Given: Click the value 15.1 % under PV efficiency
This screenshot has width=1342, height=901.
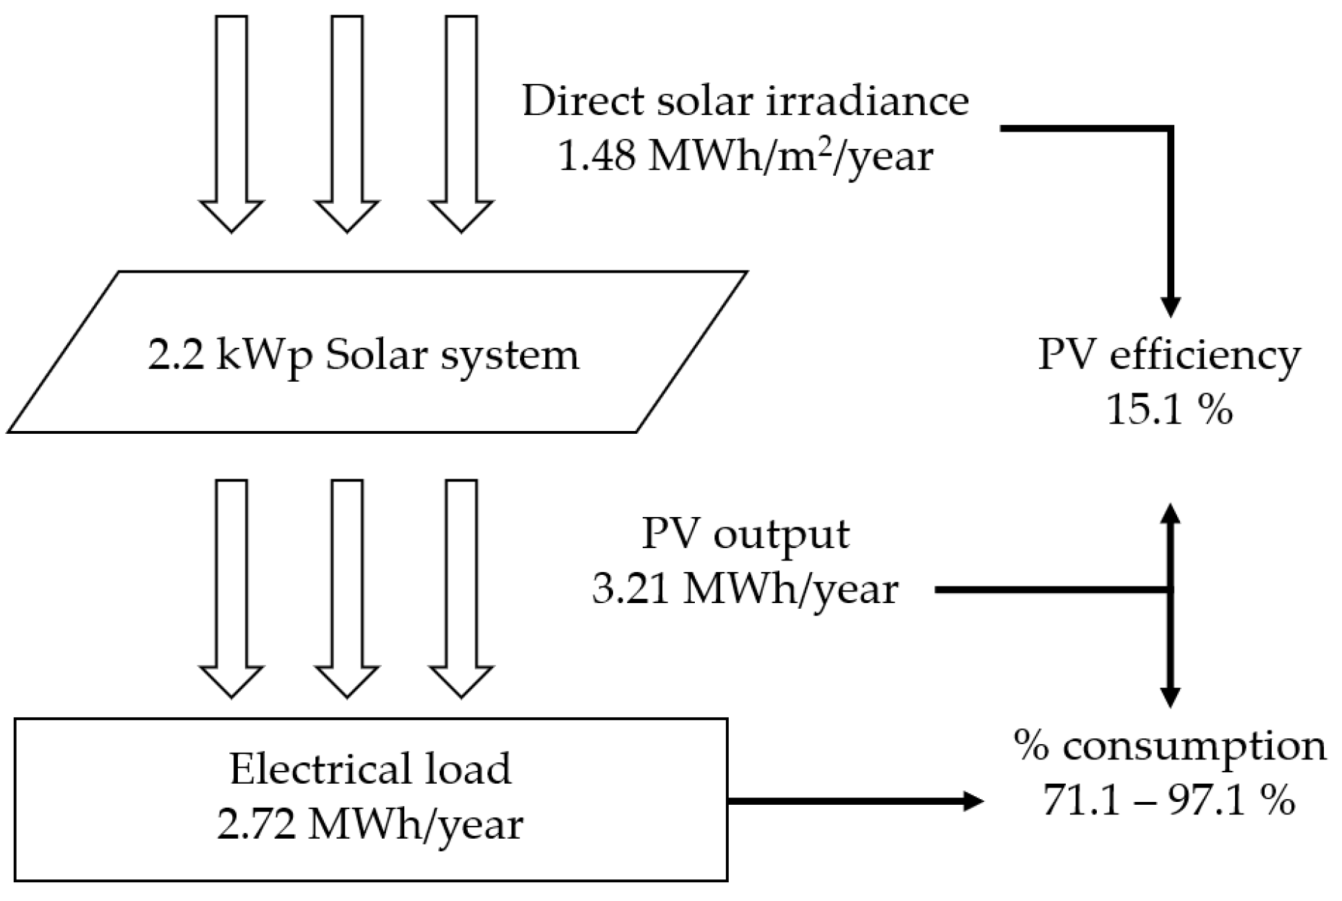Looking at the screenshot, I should [1169, 410].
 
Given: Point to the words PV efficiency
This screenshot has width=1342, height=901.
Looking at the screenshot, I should [1169, 355].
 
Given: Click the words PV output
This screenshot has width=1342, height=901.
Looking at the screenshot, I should [745, 534].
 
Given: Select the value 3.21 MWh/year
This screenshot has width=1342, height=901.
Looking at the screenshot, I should [745, 589].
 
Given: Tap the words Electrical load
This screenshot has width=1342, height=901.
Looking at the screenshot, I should [370, 769].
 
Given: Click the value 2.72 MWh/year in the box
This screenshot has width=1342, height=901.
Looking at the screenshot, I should [370, 824].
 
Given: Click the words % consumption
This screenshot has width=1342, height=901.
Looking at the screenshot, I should [1169, 745].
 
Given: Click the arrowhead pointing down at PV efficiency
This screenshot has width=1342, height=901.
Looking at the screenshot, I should [1170, 307].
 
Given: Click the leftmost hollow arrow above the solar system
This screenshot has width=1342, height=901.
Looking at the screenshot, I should [231, 123].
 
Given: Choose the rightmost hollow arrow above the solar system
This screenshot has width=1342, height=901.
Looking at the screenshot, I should [461, 123].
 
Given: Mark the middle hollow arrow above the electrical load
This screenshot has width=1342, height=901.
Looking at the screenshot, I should [347, 587].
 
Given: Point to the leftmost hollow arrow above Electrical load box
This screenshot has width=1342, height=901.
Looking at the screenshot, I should [231, 587].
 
